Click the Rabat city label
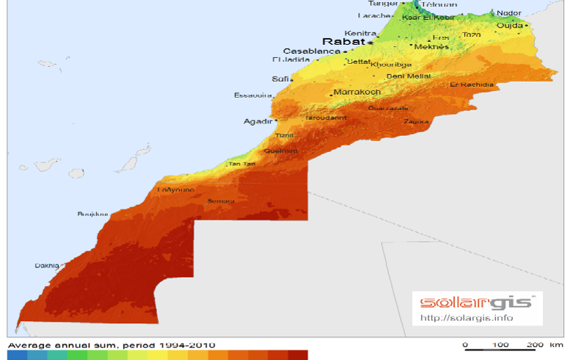344,42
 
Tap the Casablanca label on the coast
311,51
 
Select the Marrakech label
357,93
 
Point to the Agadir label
257,122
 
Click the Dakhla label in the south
47,266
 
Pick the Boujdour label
93,215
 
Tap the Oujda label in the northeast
509,25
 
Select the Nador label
509,12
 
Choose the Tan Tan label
243,164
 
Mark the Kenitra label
360,33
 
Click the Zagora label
416,121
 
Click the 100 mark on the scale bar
500,345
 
